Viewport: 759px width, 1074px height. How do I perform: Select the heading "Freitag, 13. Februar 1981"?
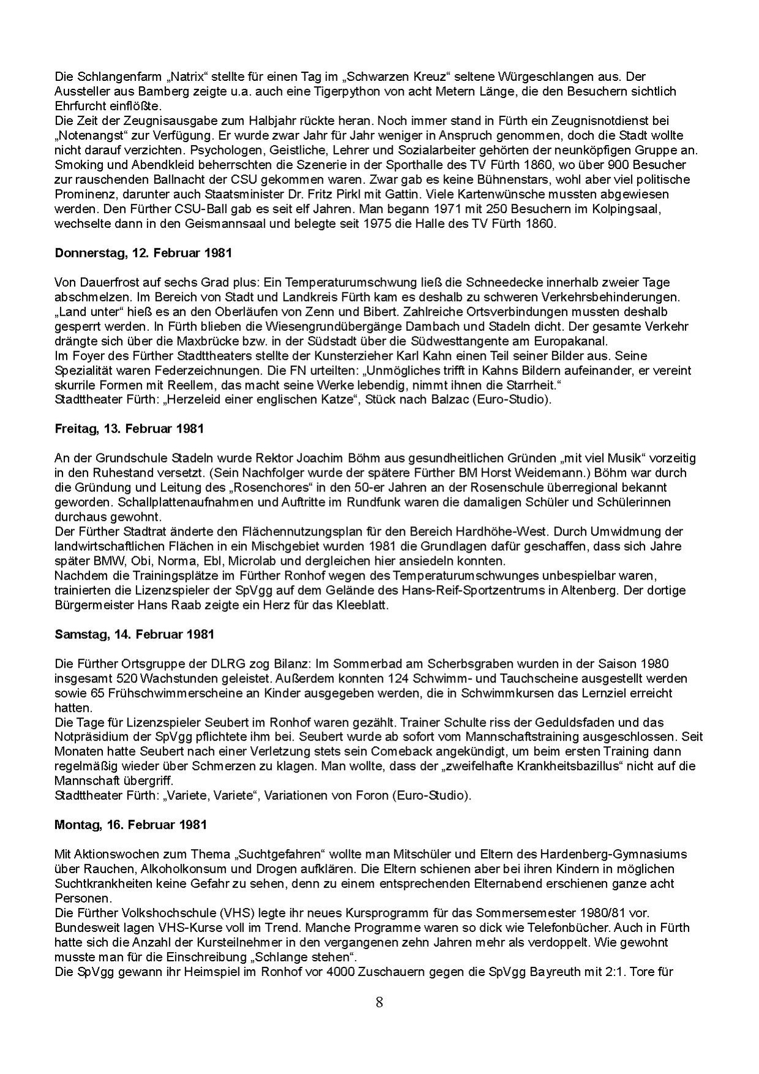pos(129,429)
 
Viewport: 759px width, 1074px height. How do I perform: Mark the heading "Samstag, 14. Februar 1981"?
pos(134,634)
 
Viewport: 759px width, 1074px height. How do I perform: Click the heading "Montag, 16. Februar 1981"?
pos(130,825)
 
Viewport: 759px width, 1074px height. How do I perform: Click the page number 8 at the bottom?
pos(379,1002)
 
